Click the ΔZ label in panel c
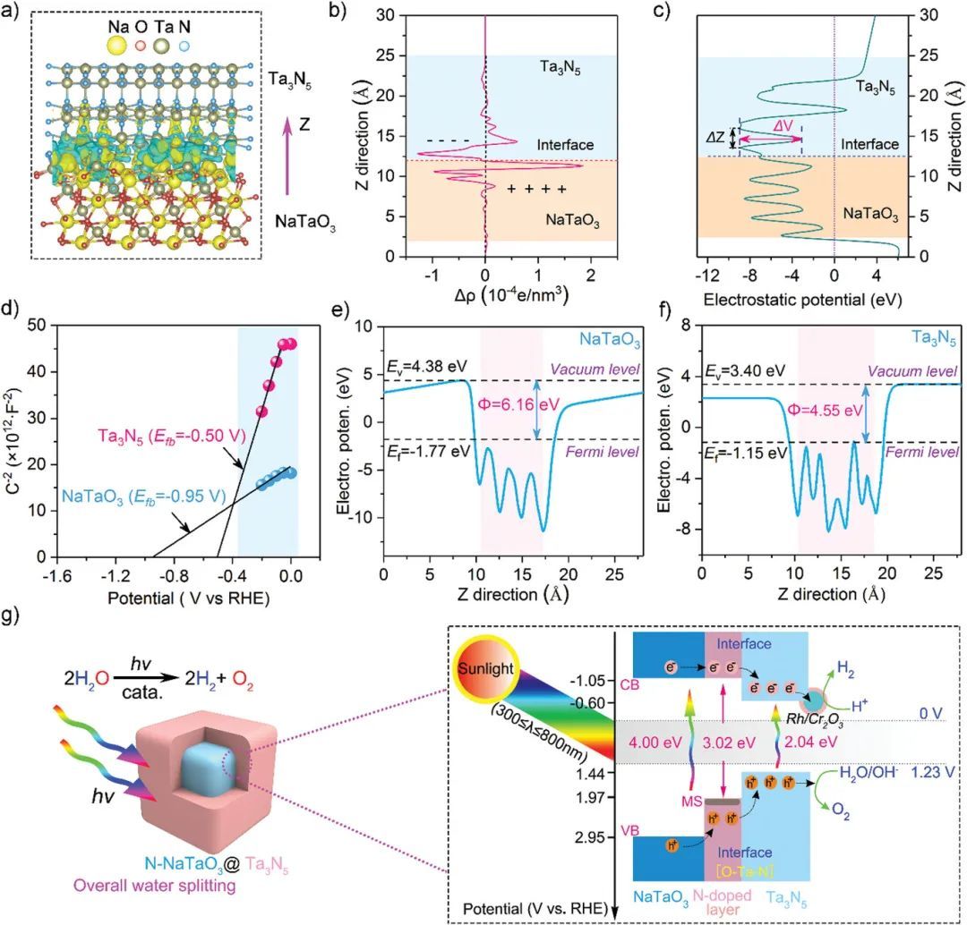coord(716,138)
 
